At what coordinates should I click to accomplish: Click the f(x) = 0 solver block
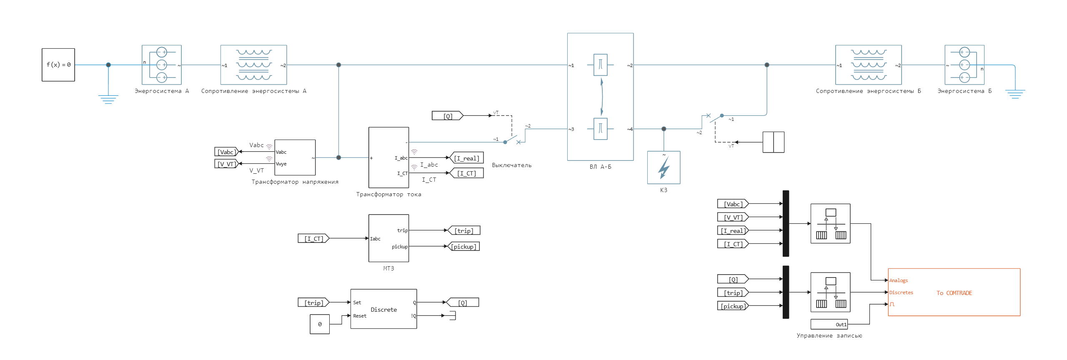click(58, 65)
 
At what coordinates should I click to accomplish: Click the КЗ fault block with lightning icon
click(664, 167)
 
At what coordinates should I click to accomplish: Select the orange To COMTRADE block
click(954, 292)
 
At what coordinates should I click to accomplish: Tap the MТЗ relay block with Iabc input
click(388, 238)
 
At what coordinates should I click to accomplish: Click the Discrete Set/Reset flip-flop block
click(383, 309)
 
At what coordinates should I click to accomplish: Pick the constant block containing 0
click(320, 324)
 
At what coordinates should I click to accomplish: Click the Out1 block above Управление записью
click(829, 324)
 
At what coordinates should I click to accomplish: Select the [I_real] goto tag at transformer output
click(466, 158)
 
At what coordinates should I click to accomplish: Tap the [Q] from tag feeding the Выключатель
click(447, 116)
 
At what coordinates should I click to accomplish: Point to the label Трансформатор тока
click(388, 194)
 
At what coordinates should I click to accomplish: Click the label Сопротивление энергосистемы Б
click(868, 91)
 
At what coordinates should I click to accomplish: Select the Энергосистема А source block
click(162, 65)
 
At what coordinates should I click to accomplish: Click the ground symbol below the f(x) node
click(108, 99)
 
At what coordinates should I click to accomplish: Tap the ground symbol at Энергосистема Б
click(1015, 93)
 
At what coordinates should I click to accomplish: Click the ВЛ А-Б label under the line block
click(600, 167)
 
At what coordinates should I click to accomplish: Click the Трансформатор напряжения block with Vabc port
click(295, 157)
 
